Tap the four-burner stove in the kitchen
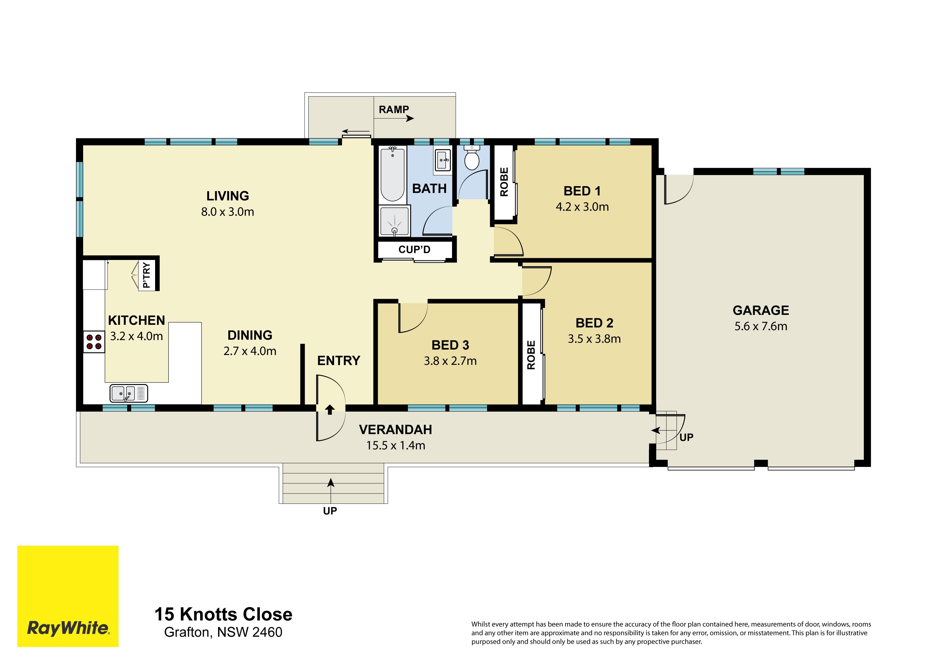(x=94, y=342)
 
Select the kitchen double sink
(x=128, y=393)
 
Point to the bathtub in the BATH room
(x=393, y=174)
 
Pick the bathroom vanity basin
(x=443, y=159)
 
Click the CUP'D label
(x=414, y=249)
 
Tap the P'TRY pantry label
(x=146, y=275)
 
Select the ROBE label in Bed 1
(x=504, y=182)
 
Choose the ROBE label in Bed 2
(x=531, y=355)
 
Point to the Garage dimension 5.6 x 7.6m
(x=761, y=326)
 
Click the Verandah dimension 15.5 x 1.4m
(x=396, y=445)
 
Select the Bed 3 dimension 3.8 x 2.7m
(x=450, y=360)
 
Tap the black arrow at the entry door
(x=330, y=410)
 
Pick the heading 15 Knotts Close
(x=223, y=615)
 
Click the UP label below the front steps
(x=330, y=511)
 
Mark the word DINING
(x=250, y=335)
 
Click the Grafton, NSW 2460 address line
(x=223, y=632)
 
